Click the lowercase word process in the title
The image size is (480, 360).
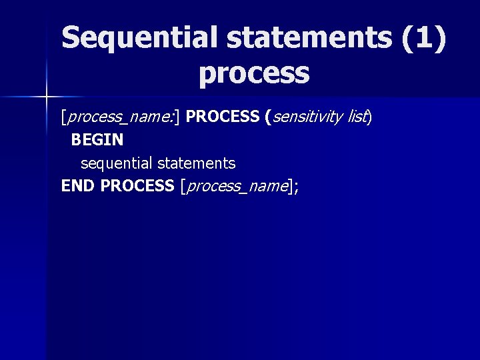tap(254, 73)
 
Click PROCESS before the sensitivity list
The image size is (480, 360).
tap(223, 117)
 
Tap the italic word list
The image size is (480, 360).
tap(357, 117)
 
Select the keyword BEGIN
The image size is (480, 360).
tap(97, 140)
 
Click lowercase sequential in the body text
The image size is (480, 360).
tap(117, 163)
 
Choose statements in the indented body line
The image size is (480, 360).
tap(197, 163)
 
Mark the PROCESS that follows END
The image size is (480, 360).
tap(137, 186)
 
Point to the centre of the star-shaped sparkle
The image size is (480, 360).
tap(47, 97)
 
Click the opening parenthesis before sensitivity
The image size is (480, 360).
tap(268, 117)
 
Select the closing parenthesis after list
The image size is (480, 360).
tap(370, 117)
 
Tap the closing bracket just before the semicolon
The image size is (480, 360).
tap(289, 187)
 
